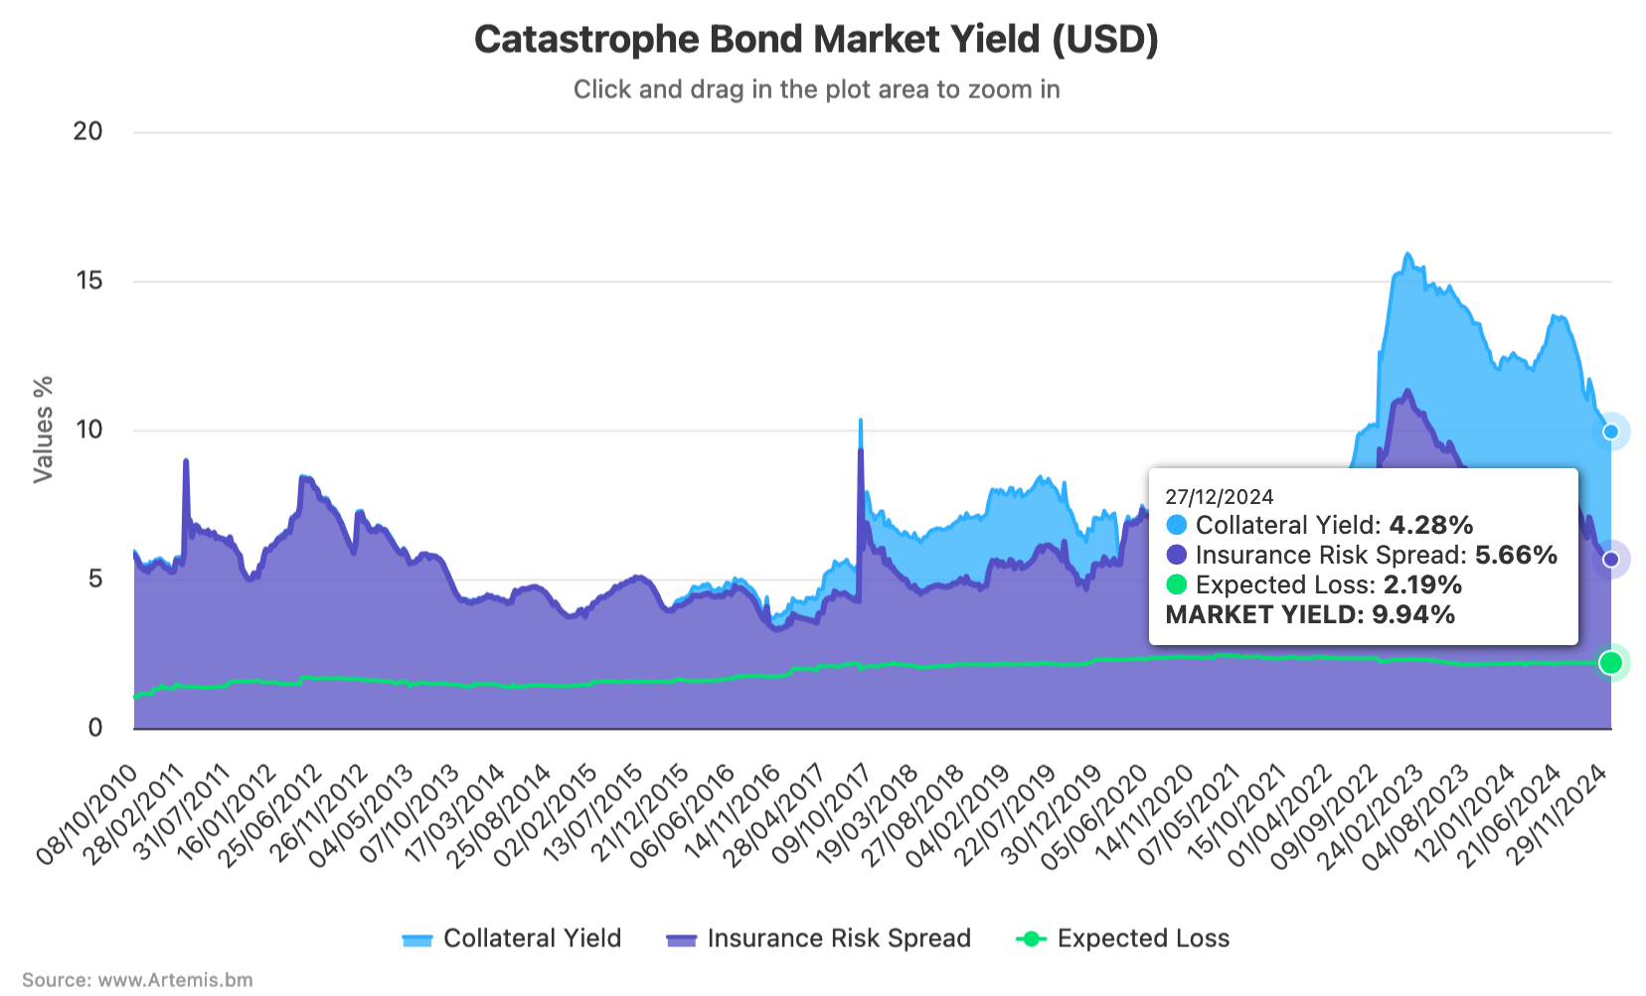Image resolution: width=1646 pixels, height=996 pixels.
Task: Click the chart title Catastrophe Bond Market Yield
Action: pos(816,40)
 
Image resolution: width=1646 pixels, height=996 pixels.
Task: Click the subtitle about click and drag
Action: pos(816,89)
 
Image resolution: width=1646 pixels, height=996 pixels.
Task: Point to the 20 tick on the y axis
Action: pos(88,131)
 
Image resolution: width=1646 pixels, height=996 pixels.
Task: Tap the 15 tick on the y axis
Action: pos(88,280)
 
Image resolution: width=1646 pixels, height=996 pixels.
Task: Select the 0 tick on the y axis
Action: pos(95,728)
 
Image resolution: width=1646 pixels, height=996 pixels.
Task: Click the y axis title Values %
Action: pos(43,429)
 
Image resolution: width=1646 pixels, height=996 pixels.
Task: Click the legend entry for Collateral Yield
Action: pos(512,938)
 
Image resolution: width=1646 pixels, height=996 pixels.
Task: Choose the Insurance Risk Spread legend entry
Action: pos(818,938)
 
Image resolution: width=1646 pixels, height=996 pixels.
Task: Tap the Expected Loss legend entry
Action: pos(1122,938)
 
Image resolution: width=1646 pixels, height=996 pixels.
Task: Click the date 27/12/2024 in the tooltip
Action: pos(1219,497)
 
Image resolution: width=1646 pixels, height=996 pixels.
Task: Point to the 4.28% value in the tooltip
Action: pos(1430,525)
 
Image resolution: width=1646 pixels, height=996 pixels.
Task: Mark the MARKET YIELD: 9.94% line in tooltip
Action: pos(1310,614)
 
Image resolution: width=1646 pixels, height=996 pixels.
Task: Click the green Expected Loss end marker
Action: pos(1611,663)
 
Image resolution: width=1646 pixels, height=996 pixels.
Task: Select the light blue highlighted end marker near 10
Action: pos(1611,431)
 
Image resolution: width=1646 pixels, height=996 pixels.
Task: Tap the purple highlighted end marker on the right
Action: pos(1611,560)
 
